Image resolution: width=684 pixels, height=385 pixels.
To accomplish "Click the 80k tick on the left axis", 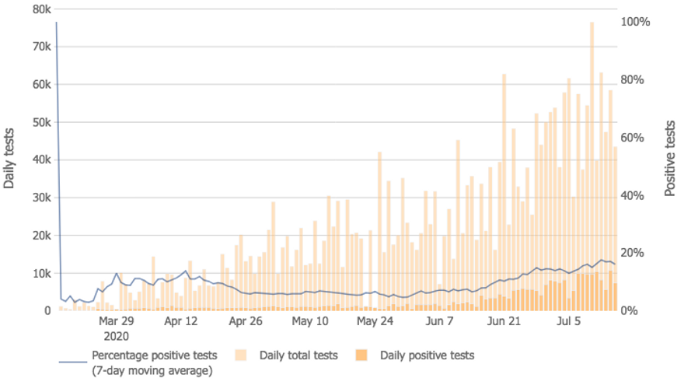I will point(40,9).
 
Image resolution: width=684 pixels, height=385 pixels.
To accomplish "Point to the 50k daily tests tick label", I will point(40,122).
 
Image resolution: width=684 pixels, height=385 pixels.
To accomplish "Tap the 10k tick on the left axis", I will point(40,273).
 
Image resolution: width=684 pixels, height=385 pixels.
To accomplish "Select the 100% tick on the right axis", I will point(634,22).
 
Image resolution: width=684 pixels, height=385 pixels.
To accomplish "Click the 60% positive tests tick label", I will point(632,138).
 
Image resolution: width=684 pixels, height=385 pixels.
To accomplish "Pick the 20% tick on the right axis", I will point(632,253).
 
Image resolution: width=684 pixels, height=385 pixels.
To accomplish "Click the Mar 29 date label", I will point(117,321).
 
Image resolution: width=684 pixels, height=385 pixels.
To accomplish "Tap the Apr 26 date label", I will point(247,321).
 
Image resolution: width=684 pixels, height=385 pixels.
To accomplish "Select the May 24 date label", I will point(375,321).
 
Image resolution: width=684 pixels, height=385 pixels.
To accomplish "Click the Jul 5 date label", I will point(571,321).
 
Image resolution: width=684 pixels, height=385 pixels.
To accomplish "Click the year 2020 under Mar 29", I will point(117,336).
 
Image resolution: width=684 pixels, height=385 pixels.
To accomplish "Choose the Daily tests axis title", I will point(10,159).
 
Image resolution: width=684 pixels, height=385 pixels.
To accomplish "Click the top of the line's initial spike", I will point(57,23).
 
